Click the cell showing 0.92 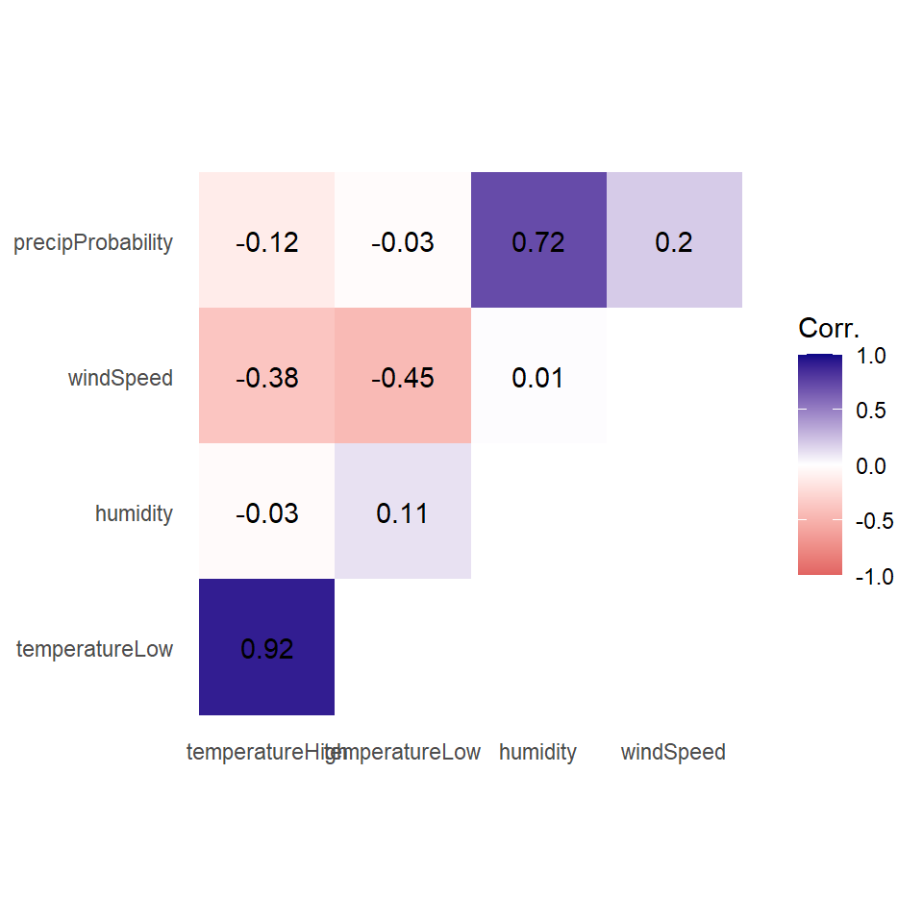click(x=266, y=648)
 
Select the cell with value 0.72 click(x=538, y=241)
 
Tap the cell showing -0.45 click(x=403, y=377)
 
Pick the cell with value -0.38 click(x=266, y=377)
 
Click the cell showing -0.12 click(x=266, y=241)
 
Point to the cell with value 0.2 click(x=674, y=241)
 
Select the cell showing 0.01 click(x=538, y=377)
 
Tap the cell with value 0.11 click(x=403, y=512)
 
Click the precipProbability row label click(x=93, y=242)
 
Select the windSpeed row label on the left click(x=120, y=378)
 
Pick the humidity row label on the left click(x=134, y=513)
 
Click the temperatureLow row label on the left click(x=94, y=649)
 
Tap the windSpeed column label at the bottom click(x=673, y=752)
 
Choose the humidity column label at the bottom click(x=537, y=752)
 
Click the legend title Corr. click(x=828, y=329)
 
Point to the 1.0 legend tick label click(x=871, y=356)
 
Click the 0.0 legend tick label click(x=871, y=466)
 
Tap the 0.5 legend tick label click(x=871, y=411)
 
